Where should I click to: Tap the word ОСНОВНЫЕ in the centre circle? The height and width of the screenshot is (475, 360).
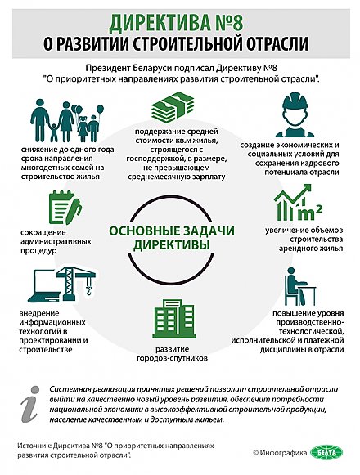[143, 231]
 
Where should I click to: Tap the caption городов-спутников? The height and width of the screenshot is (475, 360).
[179, 356]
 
